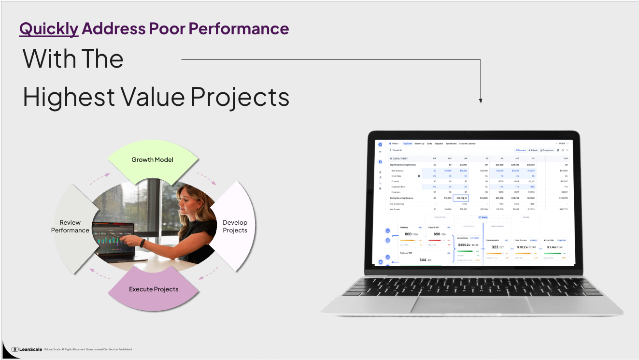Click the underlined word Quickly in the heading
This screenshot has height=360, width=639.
point(49,29)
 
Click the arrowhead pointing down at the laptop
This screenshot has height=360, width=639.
point(481,101)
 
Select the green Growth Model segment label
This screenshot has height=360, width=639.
point(152,159)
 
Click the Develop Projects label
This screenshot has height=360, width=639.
point(235,226)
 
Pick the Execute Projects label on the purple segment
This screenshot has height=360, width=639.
point(154,289)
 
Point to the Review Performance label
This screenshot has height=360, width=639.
point(70,226)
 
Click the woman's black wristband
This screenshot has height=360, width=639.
point(143,243)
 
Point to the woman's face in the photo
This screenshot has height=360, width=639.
point(187,200)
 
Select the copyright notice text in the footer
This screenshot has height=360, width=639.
point(88,349)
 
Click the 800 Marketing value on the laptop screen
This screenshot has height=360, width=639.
point(408,234)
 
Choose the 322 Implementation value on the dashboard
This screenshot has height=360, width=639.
point(495,247)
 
